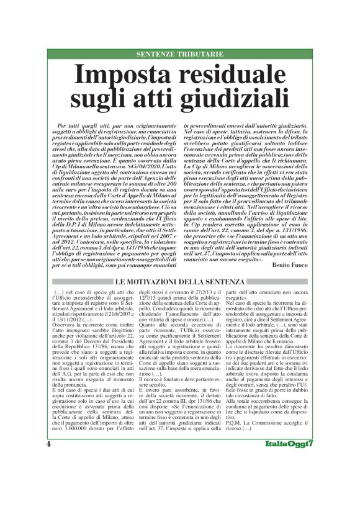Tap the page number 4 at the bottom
point(48,480)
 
